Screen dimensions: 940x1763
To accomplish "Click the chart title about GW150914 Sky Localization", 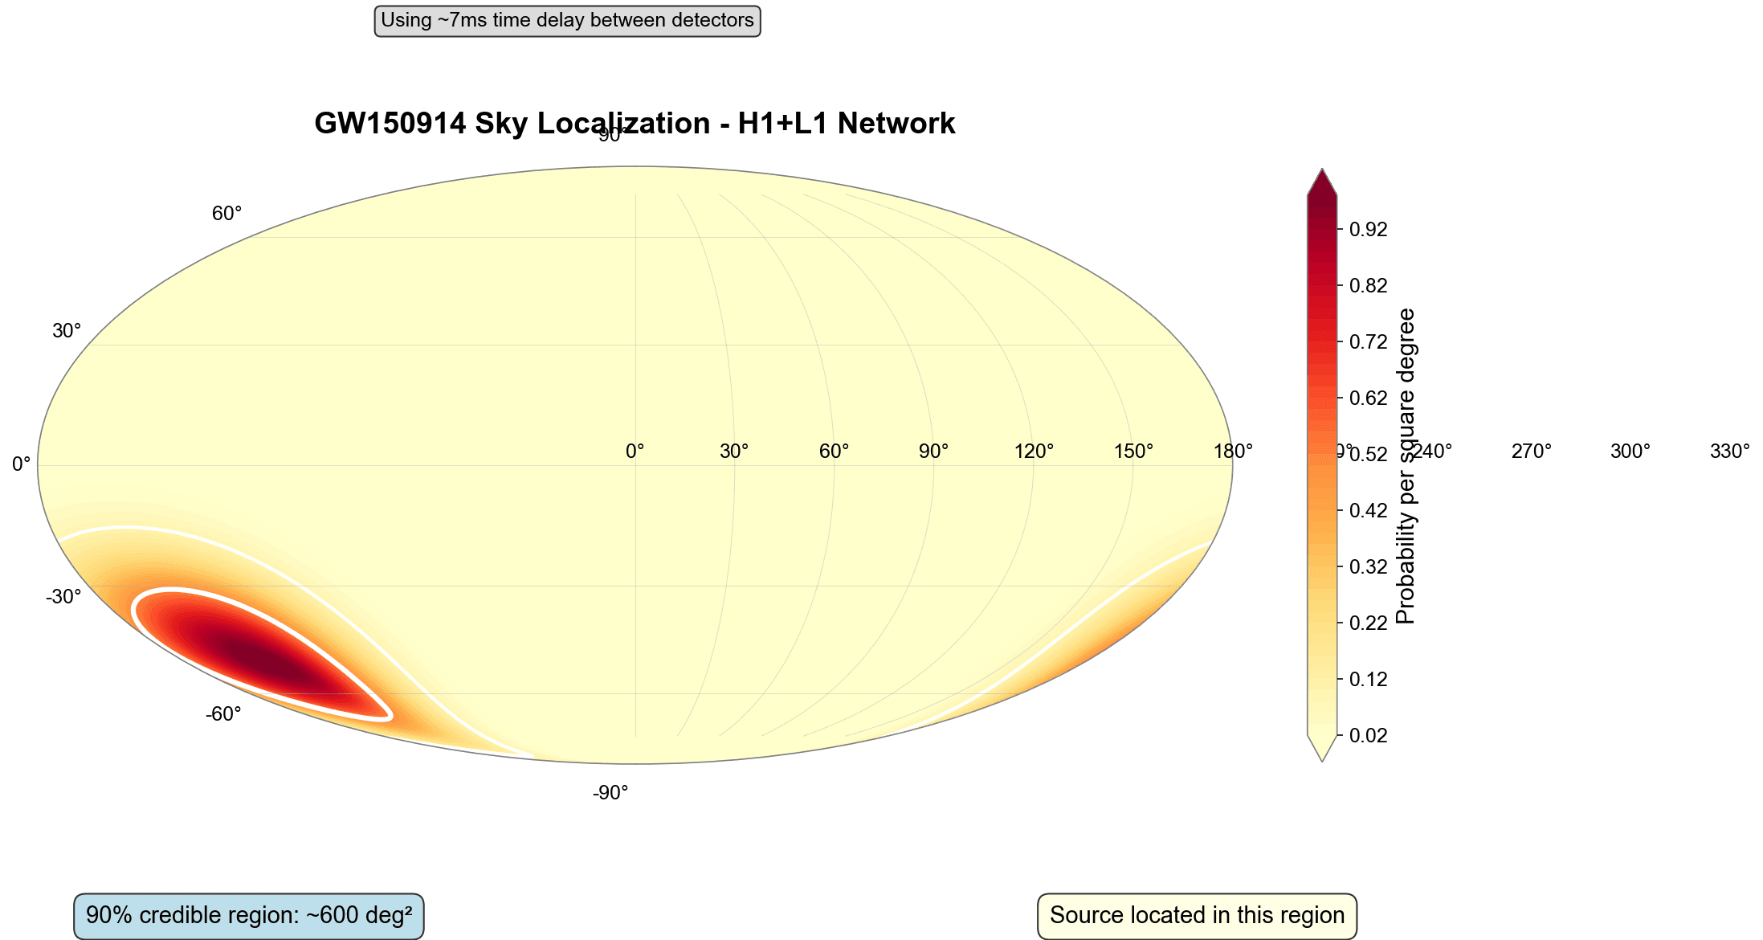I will pyautogui.click(x=635, y=124).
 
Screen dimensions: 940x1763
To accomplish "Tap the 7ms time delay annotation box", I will pyautogui.click(x=567, y=20).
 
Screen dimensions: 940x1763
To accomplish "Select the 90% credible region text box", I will pyautogui.click(x=249, y=916).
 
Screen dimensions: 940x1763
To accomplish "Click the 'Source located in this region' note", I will pyautogui.click(x=1197, y=916).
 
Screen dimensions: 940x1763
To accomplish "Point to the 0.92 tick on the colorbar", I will pyautogui.click(x=1368, y=230).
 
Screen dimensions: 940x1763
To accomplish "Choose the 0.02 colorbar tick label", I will pyautogui.click(x=1368, y=736).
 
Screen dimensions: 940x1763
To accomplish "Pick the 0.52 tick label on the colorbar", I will pyautogui.click(x=1368, y=455).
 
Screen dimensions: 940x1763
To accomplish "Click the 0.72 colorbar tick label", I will pyautogui.click(x=1368, y=342).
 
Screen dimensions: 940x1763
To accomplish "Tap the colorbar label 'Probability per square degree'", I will pyautogui.click(x=1406, y=466).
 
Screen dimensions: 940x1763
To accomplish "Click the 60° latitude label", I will pyautogui.click(x=226, y=214).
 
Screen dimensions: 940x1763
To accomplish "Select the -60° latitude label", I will pyautogui.click(x=223, y=714).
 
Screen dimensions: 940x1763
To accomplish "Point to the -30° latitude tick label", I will pyautogui.click(x=63, y=597).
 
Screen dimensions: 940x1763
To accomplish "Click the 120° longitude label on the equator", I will pyautogui.click(x=1034, y=452).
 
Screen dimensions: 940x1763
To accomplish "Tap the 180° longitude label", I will pyautogui.click(x=1233, y=452).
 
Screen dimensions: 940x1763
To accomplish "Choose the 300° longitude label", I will pyautogui.click(x=1630, y=452).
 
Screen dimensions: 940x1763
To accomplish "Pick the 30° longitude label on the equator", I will pyautogui.click(x=734, y=452).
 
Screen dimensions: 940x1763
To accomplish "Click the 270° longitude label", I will pyautogui.click(x=1531, y=452).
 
